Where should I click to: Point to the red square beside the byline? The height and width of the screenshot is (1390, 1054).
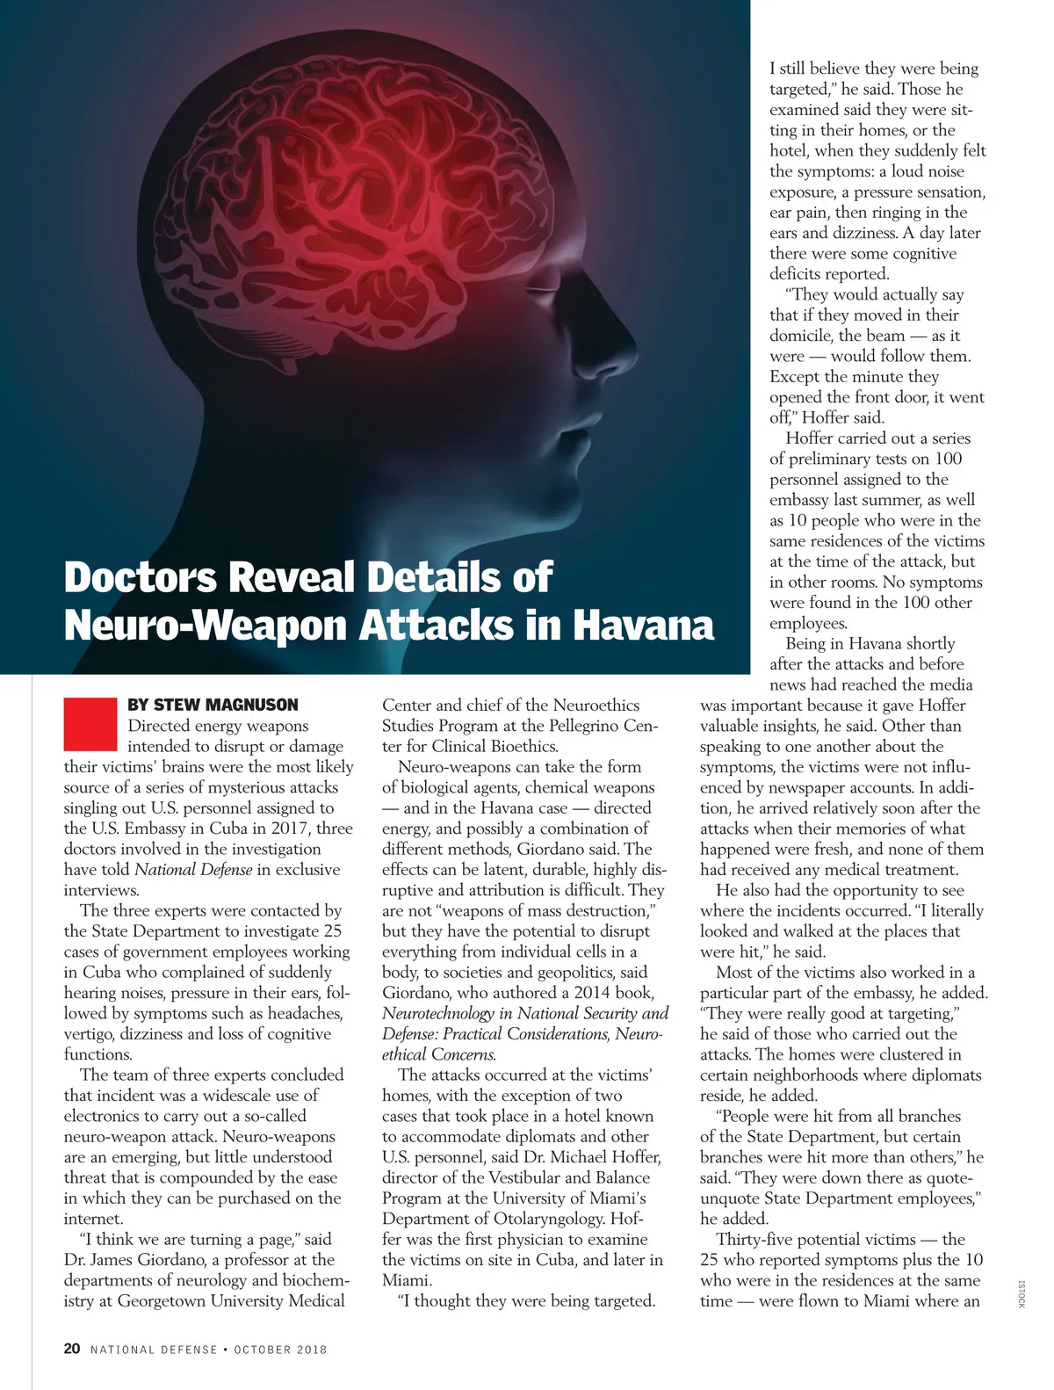[90, 723]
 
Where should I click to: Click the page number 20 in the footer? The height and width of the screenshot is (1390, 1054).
[72, 1349]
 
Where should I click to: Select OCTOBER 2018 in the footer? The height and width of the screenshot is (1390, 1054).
[280, 1350]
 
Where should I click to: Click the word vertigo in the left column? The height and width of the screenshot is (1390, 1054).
[88, 1034]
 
